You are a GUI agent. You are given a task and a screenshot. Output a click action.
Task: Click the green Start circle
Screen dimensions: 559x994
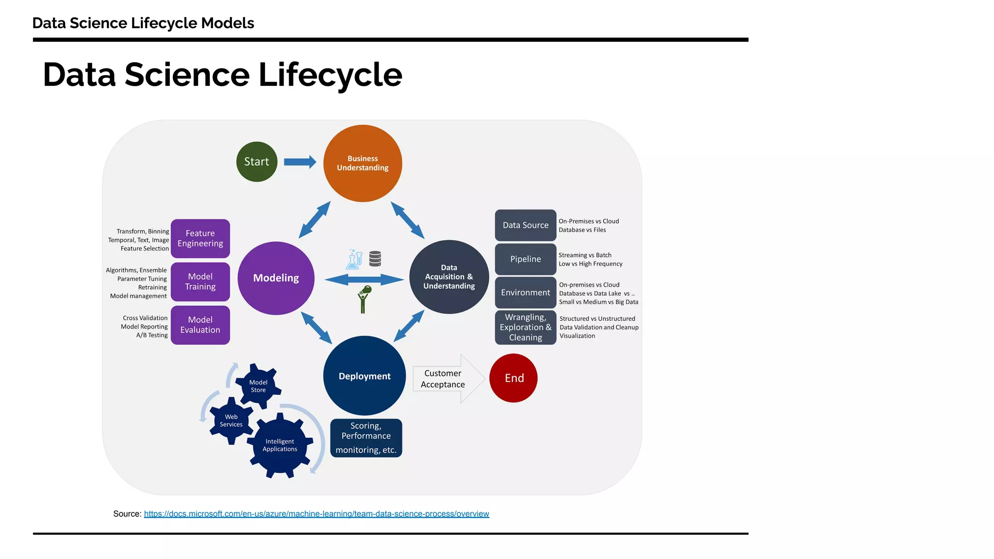click(257, 162)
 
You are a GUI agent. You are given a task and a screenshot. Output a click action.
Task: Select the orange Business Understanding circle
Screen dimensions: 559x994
click(363, 164)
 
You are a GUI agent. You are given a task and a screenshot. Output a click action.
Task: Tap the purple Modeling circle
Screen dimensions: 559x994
click(276, 278)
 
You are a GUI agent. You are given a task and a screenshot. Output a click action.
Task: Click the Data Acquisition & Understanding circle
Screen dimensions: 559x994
click(449, 277)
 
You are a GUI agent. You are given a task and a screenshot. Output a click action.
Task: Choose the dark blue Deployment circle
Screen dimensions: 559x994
click(364, 376)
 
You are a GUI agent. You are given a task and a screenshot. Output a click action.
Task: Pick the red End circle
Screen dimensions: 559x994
click(514, 378)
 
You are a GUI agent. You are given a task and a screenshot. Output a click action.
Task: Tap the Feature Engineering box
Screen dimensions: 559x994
click(200, 238)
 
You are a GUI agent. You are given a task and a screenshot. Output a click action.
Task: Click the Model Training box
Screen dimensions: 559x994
click(200, 281)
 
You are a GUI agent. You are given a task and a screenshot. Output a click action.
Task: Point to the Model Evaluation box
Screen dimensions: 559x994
click(200, 325)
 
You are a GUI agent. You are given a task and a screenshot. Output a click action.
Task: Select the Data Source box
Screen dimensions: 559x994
click(525, 225)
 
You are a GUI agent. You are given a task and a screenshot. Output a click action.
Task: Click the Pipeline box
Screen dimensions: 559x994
click(525, 259)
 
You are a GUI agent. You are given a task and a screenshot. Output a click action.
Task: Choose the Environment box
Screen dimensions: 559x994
click(525, 293)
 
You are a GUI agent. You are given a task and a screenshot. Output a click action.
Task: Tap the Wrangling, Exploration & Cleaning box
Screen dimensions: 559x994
click(525, 328)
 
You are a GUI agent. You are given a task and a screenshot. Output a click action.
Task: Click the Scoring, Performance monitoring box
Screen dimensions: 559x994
click(366, 438)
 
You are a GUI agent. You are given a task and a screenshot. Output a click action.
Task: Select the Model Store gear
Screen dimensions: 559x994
click(258, 386)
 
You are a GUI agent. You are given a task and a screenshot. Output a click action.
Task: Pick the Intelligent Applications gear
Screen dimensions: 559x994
click(280, 445)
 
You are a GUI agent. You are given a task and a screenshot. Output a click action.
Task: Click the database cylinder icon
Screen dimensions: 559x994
click(375, 259)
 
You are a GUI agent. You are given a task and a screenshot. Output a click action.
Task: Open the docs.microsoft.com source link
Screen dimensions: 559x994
click(316, 514)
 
